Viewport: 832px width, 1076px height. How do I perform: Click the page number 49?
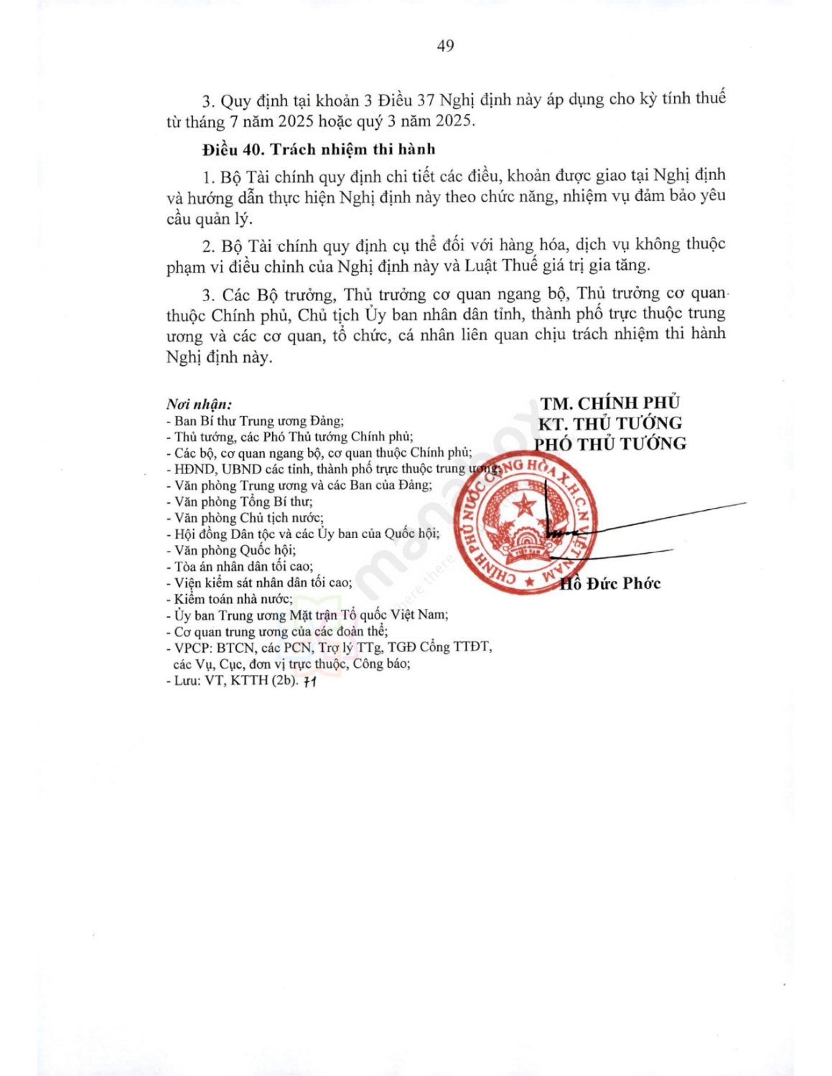click(445, 46)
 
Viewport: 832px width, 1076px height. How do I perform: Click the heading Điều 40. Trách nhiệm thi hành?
click(319, 149)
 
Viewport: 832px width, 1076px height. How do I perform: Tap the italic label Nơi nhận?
click(199, 405)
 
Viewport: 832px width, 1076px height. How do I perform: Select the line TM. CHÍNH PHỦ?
click(609, 403)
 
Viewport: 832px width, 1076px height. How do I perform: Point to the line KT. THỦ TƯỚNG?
click(609, 423)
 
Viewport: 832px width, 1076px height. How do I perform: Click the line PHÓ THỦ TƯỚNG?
click(609, 444)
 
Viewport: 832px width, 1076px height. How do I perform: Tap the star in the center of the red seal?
click(525, 506)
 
